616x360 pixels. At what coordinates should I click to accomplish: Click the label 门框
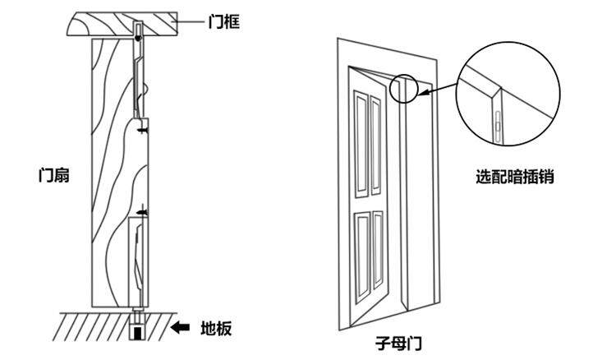click(223, 23)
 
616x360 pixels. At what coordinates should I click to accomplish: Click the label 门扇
click(52, 175)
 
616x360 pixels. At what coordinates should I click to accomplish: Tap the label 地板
click(216, 329)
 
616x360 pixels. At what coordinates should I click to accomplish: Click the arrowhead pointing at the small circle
click(421, 93)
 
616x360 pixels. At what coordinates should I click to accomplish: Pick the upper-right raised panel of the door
click(377, 132)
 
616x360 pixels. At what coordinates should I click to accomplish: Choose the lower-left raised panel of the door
click(362, 251)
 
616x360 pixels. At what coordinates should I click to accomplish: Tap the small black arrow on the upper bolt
click(144, 130)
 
